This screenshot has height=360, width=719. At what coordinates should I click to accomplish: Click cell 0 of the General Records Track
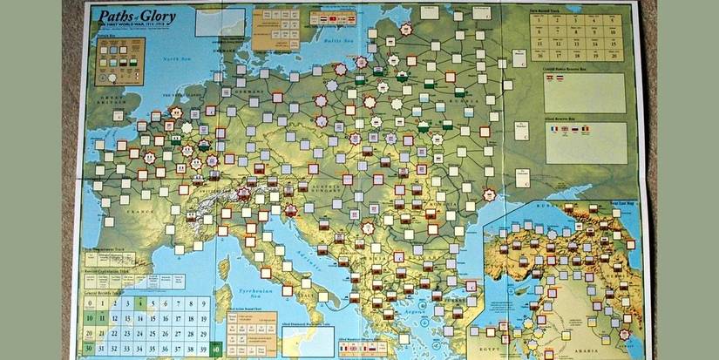(101, 302)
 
